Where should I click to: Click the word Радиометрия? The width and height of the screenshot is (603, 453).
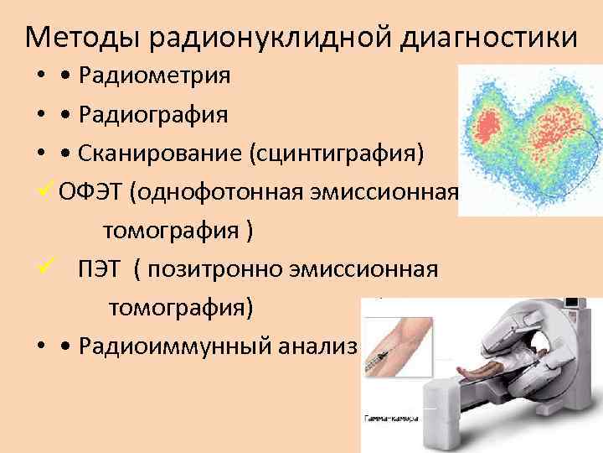point(155,76)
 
